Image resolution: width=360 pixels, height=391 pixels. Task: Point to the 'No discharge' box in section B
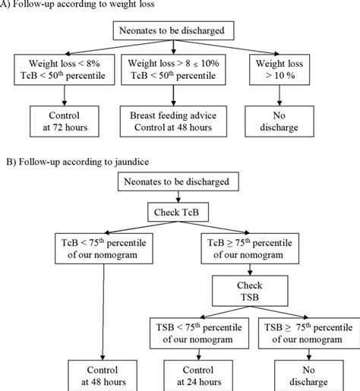coord(311,376)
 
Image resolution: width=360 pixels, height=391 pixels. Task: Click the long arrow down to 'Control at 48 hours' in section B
coord(103,311)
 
